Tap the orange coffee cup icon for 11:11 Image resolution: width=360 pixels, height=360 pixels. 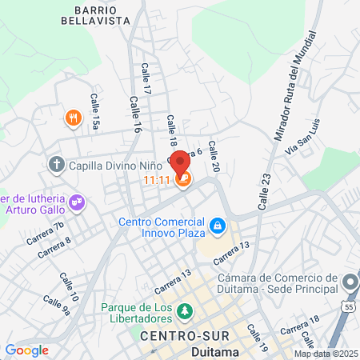(184, 180)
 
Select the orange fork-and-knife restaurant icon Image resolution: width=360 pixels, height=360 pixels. (73, 119)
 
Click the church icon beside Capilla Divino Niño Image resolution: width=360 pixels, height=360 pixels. (57, 166)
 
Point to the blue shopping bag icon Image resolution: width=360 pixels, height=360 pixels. (216, 227)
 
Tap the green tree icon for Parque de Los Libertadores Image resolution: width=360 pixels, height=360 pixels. (185, 310)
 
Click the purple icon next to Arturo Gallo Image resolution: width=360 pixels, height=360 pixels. (77, 203)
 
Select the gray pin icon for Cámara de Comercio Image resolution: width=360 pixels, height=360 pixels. (350, 282)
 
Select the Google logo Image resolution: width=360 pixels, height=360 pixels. (26, 350)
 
